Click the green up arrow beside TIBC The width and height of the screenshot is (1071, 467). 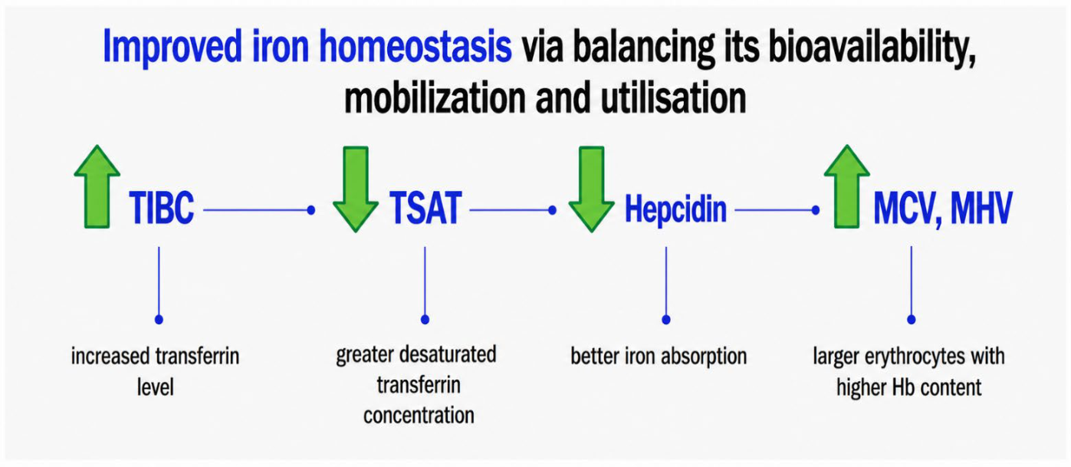pos(97,186)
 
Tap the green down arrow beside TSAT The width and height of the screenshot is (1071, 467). pos(356,189)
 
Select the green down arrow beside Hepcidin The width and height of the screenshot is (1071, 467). pos(591,189)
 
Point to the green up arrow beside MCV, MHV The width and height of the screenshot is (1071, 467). pos(847,186)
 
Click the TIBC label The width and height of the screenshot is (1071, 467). pos(162,208)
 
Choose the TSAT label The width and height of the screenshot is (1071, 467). pos(425,208)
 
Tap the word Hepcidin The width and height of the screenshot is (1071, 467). pos(675,209)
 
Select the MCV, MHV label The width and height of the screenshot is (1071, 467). pos(943,208)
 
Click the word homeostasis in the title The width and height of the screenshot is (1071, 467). pos(415,47)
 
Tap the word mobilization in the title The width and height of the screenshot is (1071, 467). pos(434,98)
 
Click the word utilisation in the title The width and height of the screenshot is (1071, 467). pos(673,98)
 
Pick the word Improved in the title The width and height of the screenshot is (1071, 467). pos(172,48)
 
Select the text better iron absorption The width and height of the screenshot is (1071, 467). pos(659,357)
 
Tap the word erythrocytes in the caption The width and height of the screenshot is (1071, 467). pos(915,357)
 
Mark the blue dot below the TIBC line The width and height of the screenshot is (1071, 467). pos(159,319)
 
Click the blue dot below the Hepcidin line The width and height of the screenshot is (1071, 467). pos(666,319)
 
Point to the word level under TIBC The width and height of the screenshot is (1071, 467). pos(156,387)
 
